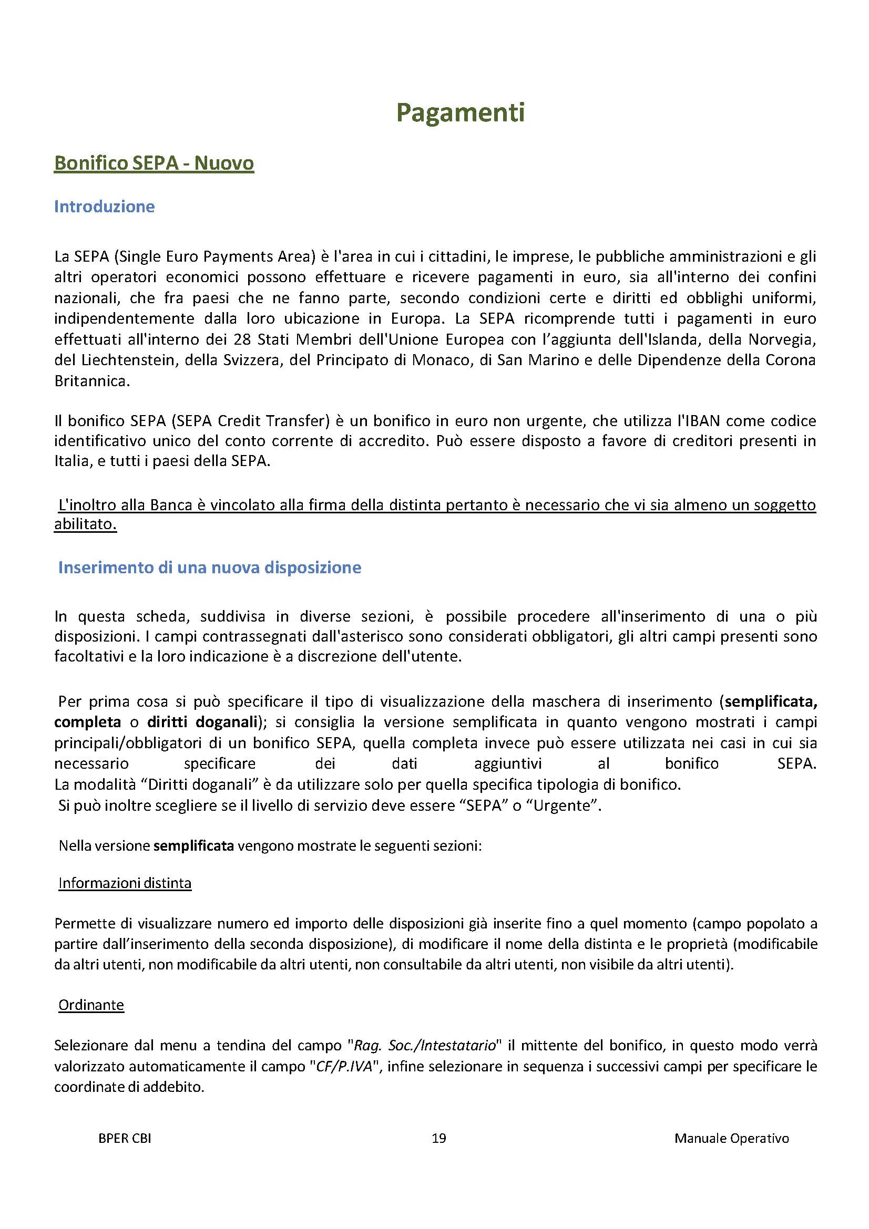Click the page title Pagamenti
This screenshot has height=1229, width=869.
[460, 113]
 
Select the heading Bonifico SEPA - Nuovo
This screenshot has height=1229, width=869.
[154, 163]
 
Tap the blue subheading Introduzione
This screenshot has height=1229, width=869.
[105, 206]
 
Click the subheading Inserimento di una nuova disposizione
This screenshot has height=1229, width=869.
[209, 567]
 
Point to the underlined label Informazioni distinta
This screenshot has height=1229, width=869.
[125, 883]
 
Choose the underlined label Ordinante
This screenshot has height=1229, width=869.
[91, 1005]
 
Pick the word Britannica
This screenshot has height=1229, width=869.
[91, 381]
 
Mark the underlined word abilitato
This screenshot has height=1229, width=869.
[85, 524]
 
